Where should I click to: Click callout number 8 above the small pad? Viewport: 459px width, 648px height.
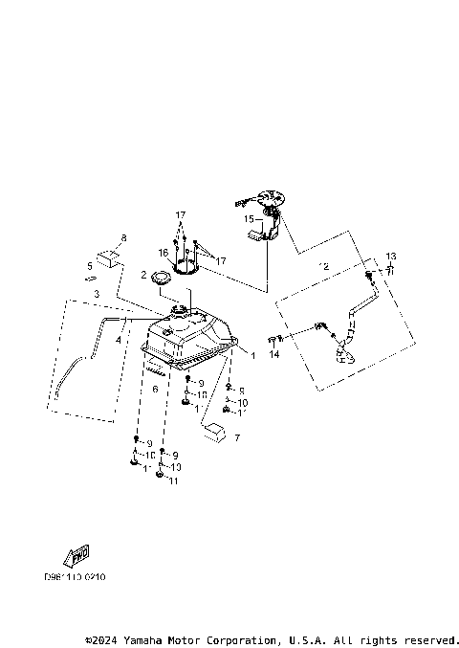[123, 236]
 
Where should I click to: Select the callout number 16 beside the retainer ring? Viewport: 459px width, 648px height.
[164, 254]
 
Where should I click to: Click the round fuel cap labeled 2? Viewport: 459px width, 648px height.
[158, 279]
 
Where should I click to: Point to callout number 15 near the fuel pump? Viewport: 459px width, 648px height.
[248, 219]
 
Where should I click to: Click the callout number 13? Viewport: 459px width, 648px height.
[390, 256]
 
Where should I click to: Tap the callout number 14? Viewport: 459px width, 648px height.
[273, 355]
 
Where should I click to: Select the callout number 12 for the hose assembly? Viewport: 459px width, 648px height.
[324, 265]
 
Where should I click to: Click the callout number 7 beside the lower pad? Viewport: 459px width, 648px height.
[237, 437]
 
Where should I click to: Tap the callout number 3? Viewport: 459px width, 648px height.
[97, 293]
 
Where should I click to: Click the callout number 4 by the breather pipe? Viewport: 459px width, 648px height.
[119, 339]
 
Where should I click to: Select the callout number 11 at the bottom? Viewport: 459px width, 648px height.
[173, 481]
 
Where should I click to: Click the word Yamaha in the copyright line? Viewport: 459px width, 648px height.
[141, 638]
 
